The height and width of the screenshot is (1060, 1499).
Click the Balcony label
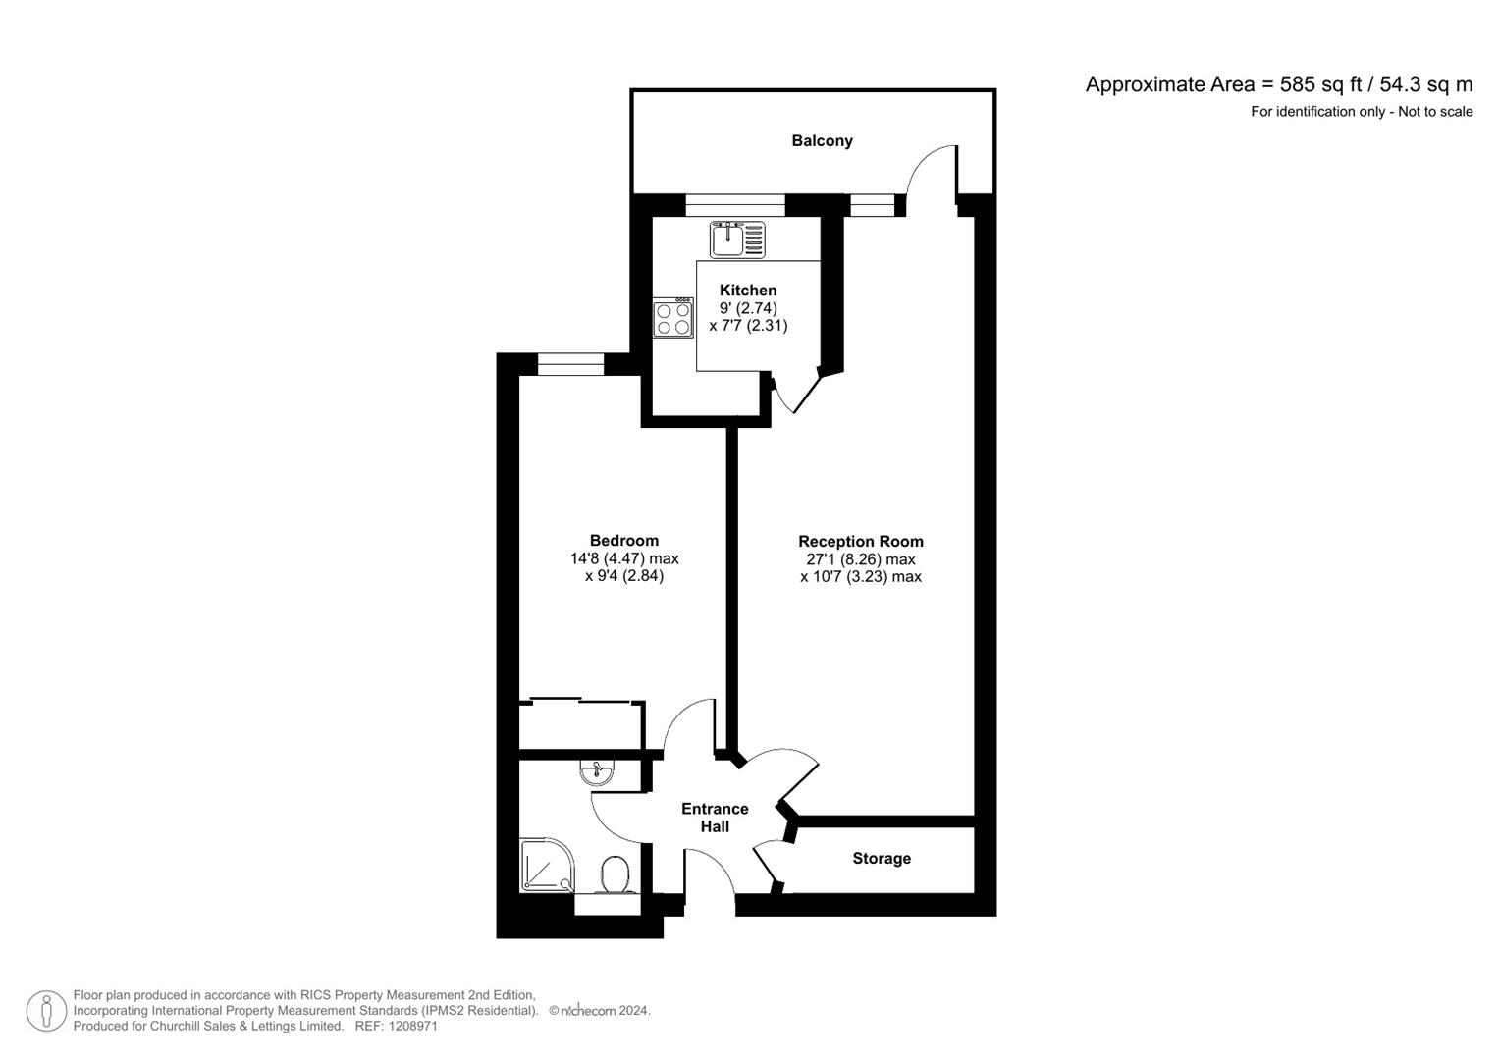pos(822,141)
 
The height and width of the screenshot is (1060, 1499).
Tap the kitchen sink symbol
pos(737,239)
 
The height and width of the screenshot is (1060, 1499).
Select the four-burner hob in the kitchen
pos(672,318)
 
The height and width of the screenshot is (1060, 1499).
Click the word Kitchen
pos(748,291)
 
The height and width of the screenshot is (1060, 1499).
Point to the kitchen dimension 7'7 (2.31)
pos(748,326)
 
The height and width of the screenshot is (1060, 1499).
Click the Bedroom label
pos(623,541)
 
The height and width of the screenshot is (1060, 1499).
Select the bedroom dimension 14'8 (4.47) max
pos(624,558)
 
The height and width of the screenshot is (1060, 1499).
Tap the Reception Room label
pos(860,542)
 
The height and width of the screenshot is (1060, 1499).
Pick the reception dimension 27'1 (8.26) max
pos(860,559)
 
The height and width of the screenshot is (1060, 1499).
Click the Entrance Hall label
pos(715,818)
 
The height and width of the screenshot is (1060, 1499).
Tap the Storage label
pos(881,859)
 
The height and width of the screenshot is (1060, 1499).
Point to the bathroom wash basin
pos(597,773)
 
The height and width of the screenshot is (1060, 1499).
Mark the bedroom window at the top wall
pos(570,365)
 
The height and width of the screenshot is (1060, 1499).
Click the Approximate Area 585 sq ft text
pos(1278,84)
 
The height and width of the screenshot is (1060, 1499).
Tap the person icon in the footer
pos(46,1011)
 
